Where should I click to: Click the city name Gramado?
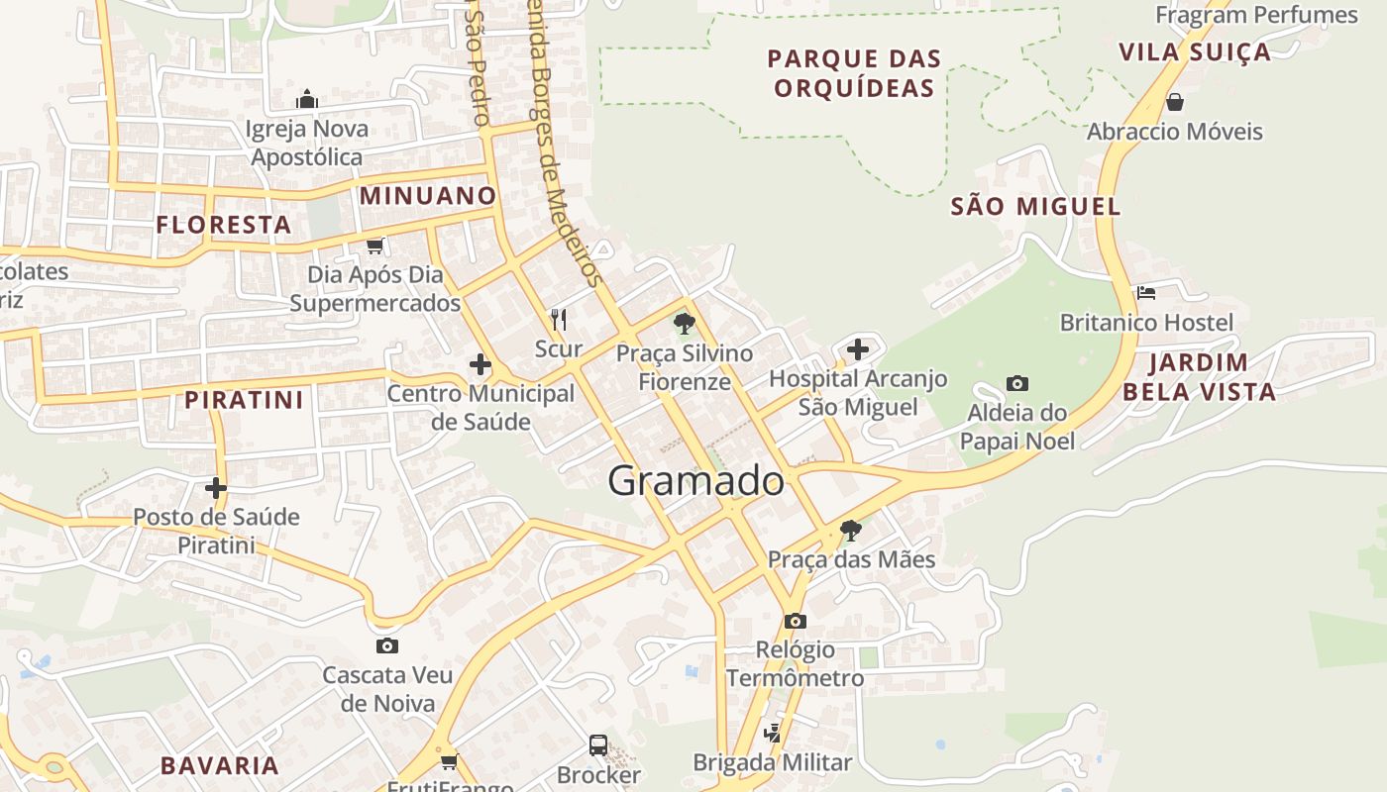[x=695, y=481]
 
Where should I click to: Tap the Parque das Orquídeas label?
[x=854, y=73]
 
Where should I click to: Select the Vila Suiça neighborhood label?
[x=1194, y=51]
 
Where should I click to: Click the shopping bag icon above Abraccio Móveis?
[x=1175, y=102]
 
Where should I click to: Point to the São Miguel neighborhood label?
[x=1035, y=206]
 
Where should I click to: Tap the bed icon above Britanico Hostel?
[x=1146, y=293]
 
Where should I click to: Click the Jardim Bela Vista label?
[x=1199, y=376]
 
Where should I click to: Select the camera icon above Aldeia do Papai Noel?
[x=1016, y=384]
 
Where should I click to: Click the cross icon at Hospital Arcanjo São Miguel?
[x=858, y=349]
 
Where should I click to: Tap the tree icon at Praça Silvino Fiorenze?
[x=684, y=324]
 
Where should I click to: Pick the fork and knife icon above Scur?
[x=559, y=320]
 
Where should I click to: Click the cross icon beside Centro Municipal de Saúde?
[x=480, y=365]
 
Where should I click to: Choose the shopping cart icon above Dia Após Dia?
[x=374, y=246]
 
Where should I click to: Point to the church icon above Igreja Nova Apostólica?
[x=307, y=99]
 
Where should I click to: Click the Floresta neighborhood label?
[x=224, y=225]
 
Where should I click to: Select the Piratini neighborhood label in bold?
[x=244, y=400]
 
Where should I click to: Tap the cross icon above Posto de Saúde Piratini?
[x=216, y=488]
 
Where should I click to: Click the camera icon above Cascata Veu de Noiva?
[x=387, y=646]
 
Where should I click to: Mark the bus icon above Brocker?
[x=598, y=745]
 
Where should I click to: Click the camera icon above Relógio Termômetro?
[x=795, y=622]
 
